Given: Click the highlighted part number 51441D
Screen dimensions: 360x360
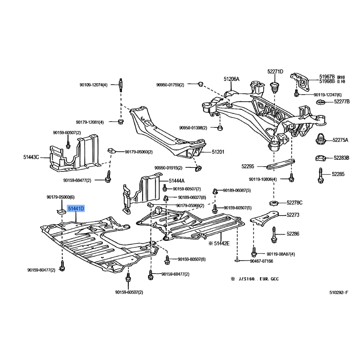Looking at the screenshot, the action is tap(76, 209).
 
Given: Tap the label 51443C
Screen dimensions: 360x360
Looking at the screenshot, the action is tap(31, 157).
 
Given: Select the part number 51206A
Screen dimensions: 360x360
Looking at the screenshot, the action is tap(231, 79).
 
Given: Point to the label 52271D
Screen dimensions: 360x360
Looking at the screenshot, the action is tap(275, 72).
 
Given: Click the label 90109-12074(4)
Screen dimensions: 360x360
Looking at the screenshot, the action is tap(94, 85).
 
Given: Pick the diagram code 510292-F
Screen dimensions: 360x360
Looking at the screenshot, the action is tap(339, 292).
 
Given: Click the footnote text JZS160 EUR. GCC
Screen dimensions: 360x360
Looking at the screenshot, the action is tap(258, 279).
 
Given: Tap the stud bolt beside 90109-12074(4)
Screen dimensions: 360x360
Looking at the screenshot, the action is tap(121, 85).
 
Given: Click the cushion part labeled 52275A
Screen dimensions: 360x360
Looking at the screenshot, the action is tap(321, 139).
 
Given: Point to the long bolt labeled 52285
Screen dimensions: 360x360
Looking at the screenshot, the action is tap(320, 175).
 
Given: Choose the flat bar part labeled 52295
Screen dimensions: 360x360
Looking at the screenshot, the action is tap(280, 164).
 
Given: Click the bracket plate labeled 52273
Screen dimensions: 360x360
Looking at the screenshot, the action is tap(264, 218).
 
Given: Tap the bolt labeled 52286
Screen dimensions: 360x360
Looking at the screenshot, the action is tap(274, 235).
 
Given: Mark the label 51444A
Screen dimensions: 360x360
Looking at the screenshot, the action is tap(176, 181).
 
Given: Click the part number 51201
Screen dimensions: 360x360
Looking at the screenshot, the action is tap(218, 152).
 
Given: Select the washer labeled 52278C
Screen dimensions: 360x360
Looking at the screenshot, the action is tap(274, 203).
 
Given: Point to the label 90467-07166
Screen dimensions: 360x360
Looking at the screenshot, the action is tap(261, 261).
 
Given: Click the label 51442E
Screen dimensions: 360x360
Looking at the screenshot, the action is tap(221, 243).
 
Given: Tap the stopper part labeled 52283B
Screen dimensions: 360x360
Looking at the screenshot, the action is tap(320, 158).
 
